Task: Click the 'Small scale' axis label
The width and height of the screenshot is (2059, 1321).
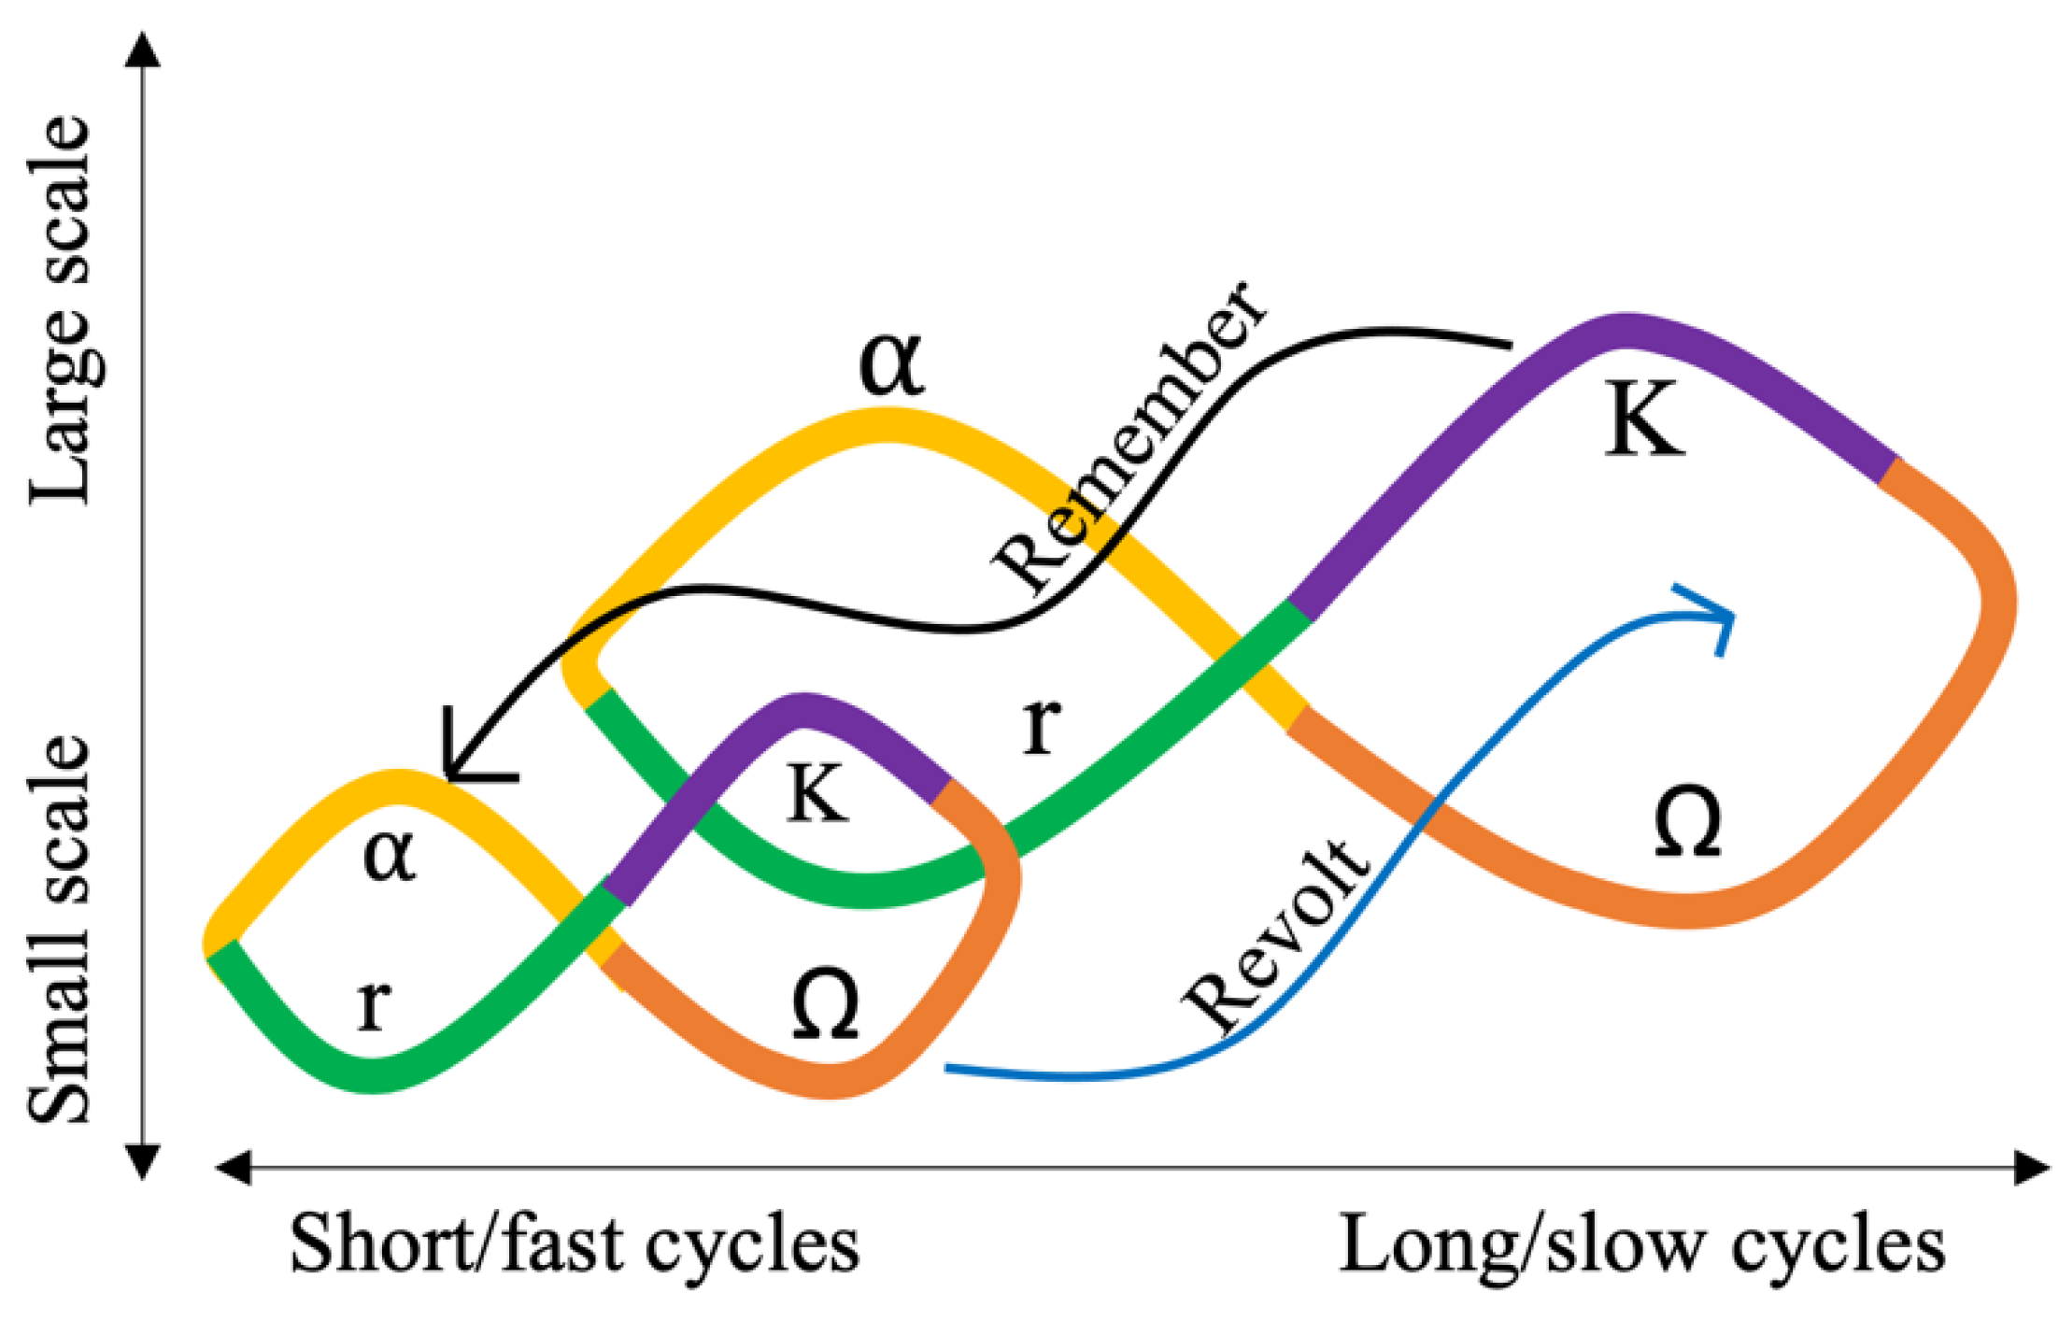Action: [x=62, y=930]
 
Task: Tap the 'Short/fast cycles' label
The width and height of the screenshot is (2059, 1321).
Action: [x=574, y=1245]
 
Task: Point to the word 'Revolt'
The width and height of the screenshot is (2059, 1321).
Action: [x=1276, y=935]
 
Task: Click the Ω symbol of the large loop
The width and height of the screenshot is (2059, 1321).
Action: [x=1687, y=822]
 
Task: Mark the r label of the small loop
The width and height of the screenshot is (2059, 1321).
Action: [x=374, y=1004]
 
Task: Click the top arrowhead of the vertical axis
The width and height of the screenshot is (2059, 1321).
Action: [x=143, y=49]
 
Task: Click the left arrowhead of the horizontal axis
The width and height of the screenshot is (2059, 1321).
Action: [x=234, y=1168]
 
